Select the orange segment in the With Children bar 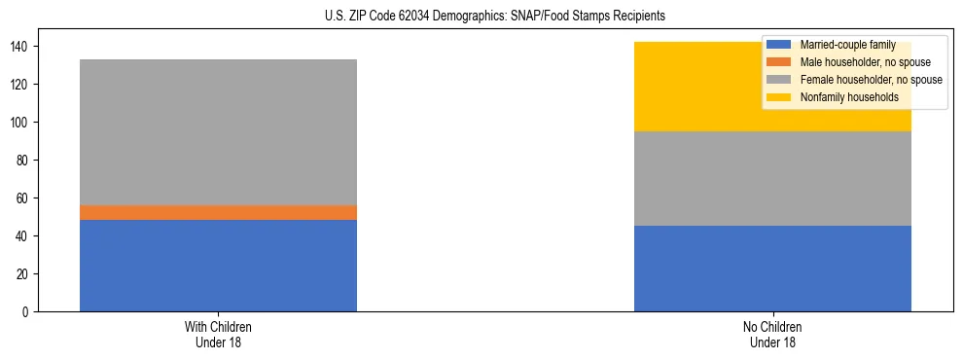click(218, 212)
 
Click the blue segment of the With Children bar click(218, 266)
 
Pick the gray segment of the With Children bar click(218, 132)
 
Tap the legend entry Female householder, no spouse click(870, 80)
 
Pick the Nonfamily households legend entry click(849, 97)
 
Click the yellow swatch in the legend click(779, 97)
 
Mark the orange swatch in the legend click(779, 62)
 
